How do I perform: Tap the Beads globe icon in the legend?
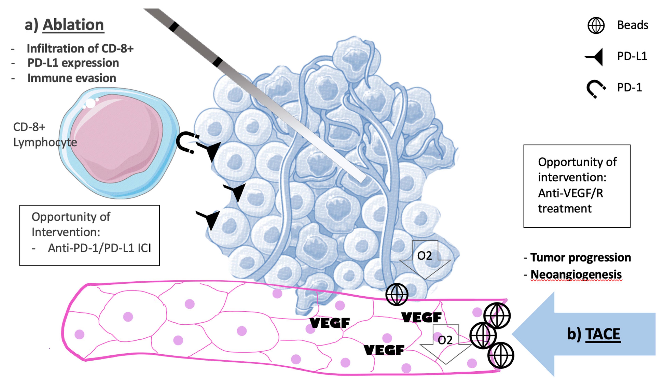click(x=596, y=25)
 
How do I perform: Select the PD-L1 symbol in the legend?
click(x=595, y=57)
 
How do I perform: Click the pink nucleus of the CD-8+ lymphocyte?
click(x=116, y=138)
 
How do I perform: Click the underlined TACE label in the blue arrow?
click(x=603, y=334)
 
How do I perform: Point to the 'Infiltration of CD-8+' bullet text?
click(x=80, y=49)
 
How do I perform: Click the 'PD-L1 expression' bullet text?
click(x=73, y=63)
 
